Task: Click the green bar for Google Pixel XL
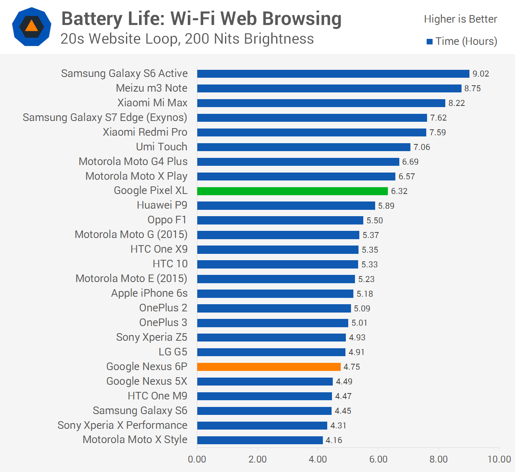292,191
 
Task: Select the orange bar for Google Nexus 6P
269,367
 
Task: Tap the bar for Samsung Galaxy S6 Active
333,74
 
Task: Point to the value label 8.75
473,88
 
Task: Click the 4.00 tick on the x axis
318,459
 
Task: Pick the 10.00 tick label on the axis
499,459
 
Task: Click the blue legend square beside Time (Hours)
429,42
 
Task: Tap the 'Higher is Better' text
460,19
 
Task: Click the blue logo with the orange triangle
32,27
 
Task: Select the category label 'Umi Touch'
162,147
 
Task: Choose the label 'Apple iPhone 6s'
149,294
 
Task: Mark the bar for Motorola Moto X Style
260,440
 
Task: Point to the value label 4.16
334,440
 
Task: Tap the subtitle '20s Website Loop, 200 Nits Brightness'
187,39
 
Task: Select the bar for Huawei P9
286,206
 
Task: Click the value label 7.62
439,118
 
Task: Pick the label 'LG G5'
173,352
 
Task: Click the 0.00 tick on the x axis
197,459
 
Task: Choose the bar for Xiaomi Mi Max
321,103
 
